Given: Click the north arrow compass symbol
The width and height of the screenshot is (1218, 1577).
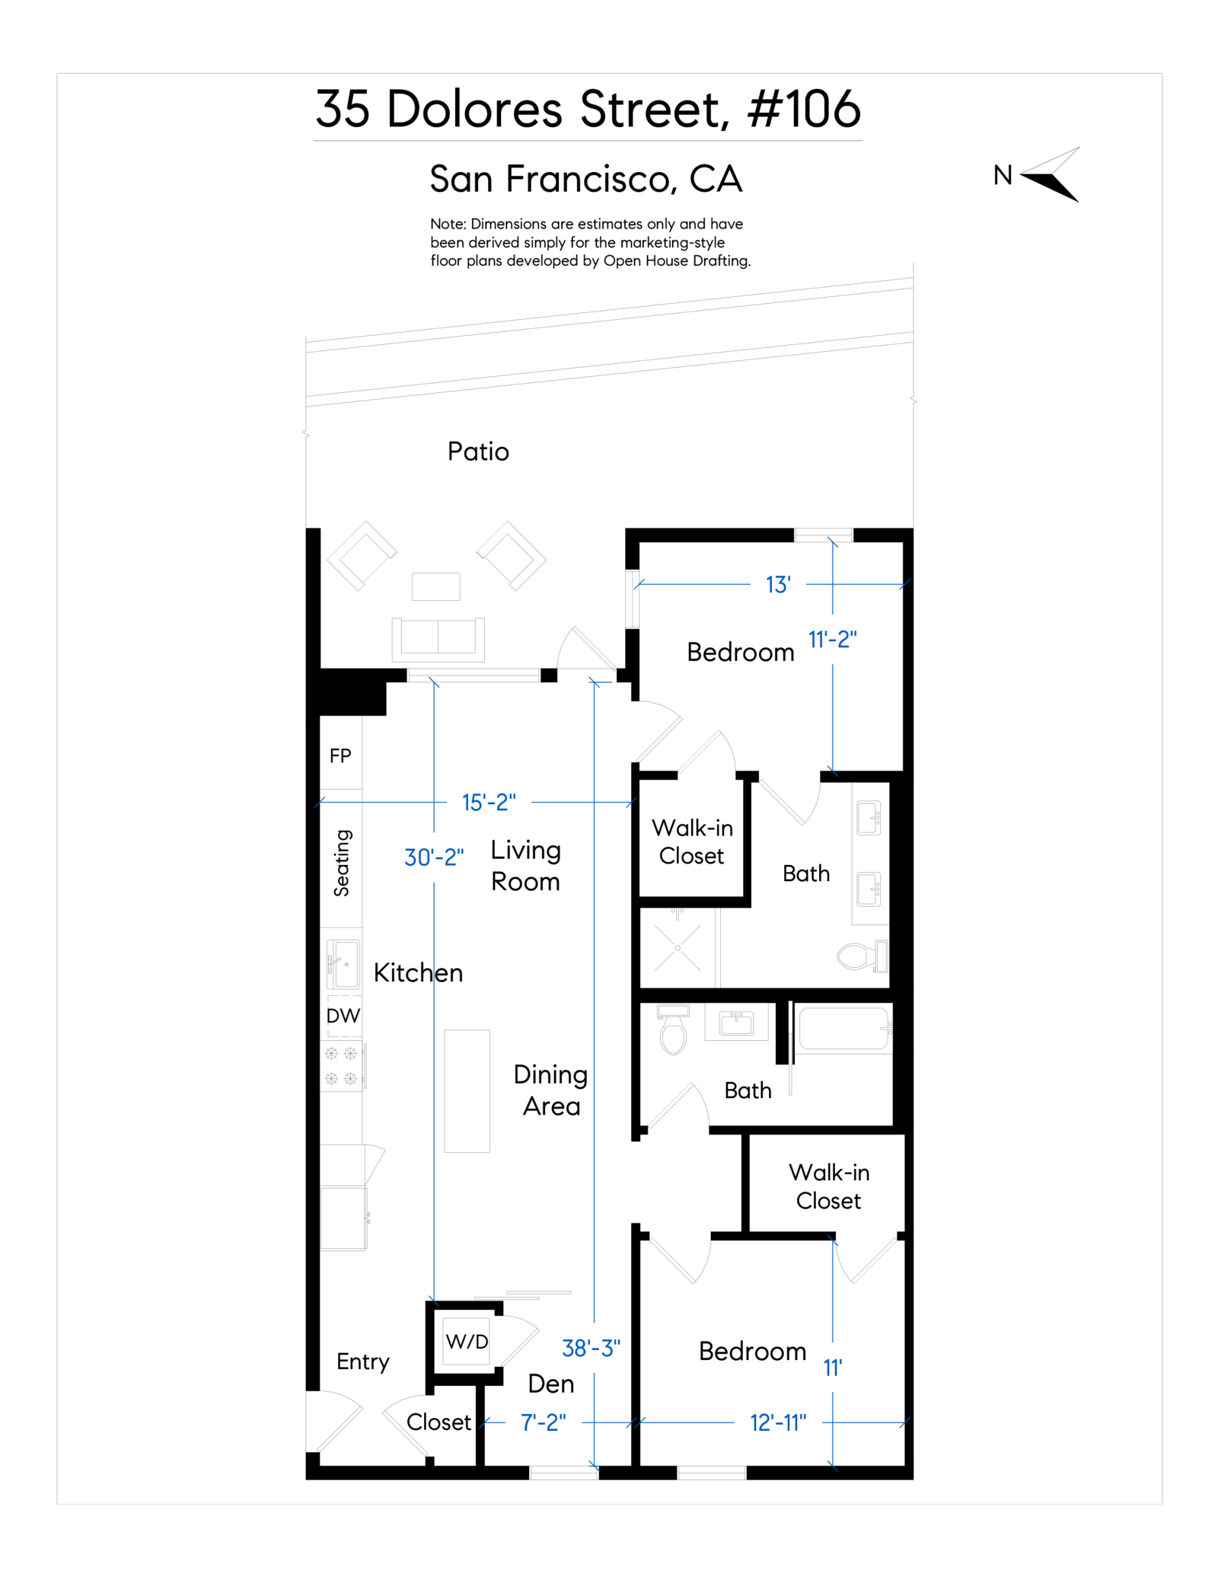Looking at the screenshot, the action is (1051, 174).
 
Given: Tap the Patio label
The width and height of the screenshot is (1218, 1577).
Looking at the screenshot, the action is (478, 452).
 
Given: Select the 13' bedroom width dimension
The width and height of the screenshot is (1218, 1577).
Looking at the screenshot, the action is (778, 585).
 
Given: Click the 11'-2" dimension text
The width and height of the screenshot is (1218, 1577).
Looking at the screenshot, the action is (832, 640).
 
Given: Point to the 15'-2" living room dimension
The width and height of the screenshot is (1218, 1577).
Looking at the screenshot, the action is (489, 803).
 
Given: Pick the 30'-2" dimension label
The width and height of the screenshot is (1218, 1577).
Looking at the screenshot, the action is (434, 857).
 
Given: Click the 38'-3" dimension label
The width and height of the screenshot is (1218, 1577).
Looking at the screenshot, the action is (591, 1349).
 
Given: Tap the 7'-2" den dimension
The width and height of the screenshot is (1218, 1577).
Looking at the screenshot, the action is (544, 1422).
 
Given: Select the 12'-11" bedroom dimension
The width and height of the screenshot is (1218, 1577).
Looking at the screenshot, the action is (778, 1422).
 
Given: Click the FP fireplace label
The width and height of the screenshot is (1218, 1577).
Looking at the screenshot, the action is (340, 756).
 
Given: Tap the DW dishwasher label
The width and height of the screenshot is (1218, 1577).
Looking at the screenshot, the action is (343, 1016).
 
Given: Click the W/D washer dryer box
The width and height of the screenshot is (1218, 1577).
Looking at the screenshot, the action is (467, 1342).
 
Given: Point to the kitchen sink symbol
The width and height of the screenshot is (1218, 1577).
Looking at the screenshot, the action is (343, 964).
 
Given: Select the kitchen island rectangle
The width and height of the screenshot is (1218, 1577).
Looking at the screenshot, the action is (467, 1090).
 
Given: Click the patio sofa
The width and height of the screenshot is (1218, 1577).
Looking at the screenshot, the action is (438, 638).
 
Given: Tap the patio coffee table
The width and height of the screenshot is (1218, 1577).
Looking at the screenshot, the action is (436, 586).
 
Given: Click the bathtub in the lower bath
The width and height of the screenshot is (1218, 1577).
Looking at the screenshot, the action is (842, 1029).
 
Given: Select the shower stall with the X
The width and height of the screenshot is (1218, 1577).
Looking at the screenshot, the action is (678, 948).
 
